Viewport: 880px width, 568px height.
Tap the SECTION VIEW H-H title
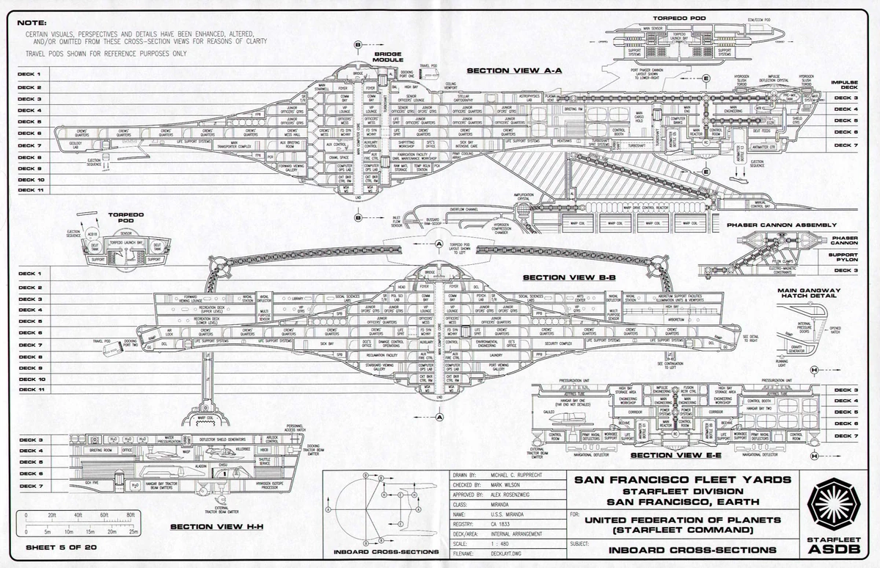point(208,527)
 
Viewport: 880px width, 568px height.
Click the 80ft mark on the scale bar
point(131,516)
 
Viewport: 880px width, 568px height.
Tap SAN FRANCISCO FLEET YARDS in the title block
point(682,480)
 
